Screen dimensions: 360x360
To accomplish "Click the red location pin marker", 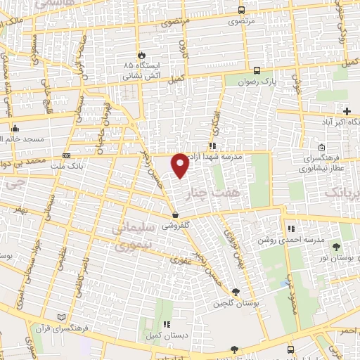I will (x=181, y=165).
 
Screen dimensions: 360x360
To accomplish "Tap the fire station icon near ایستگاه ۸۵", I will (x=143, y=54).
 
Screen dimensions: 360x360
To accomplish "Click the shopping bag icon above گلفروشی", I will (x=174, y=214).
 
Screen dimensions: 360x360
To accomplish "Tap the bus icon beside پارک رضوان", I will (x=257, y=70).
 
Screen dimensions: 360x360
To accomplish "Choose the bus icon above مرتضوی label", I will (x=242, y=10).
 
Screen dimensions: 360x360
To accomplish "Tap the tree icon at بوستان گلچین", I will (x=235, y=292).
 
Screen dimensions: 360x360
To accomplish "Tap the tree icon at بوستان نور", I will (x=335, y=247).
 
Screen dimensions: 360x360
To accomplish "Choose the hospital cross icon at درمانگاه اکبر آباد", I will (x=347, y=110).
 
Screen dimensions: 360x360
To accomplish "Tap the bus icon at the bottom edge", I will (x=290, y=349).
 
